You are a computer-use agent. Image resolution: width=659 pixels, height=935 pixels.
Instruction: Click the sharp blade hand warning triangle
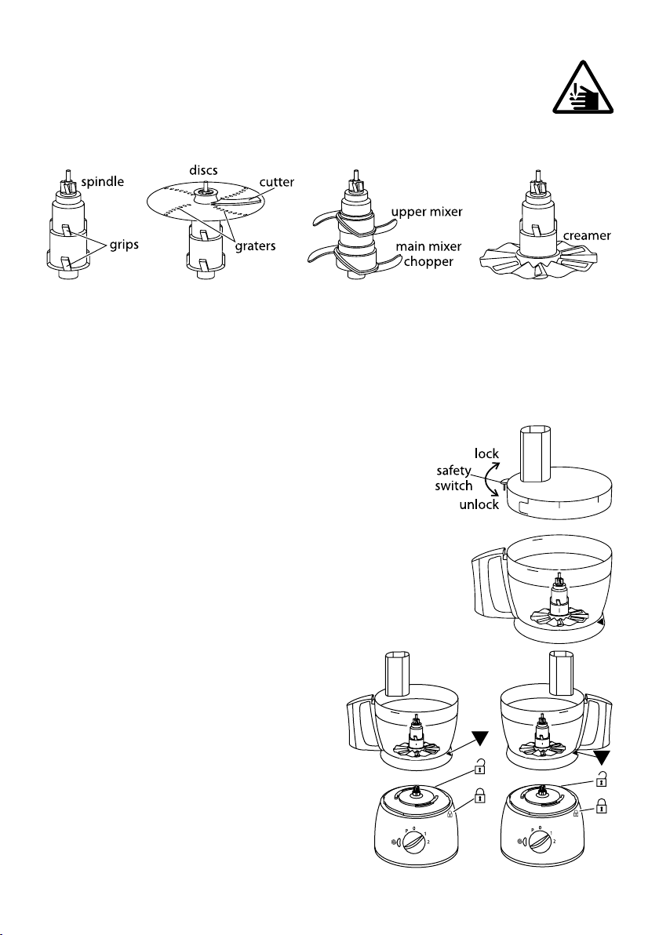pos(583,89)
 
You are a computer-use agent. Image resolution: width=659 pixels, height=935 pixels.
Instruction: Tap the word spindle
pos(103,182)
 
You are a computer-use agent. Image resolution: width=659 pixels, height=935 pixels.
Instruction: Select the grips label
pos(124,245)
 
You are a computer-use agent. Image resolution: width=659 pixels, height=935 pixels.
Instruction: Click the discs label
pos(203,170)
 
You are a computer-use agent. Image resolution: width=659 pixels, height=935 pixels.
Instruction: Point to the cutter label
pos(277,182)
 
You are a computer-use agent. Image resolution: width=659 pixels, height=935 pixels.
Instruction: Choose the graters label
pos(255,246)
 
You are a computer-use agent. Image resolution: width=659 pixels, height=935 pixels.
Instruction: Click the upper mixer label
pos(427,212)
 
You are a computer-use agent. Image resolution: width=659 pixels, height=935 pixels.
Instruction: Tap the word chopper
pos(428,261)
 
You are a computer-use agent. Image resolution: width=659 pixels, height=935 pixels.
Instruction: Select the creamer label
pos(587,235)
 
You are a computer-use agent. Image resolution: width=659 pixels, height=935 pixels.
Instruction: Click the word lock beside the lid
pos(486,454)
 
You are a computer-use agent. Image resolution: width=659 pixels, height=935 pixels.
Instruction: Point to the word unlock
pos(479,505)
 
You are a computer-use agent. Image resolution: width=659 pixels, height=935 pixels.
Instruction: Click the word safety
pos(453,471)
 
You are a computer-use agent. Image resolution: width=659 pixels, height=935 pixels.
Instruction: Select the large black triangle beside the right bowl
pos(602,757)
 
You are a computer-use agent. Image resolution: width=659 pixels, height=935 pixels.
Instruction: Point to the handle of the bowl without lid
pos(488,584)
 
